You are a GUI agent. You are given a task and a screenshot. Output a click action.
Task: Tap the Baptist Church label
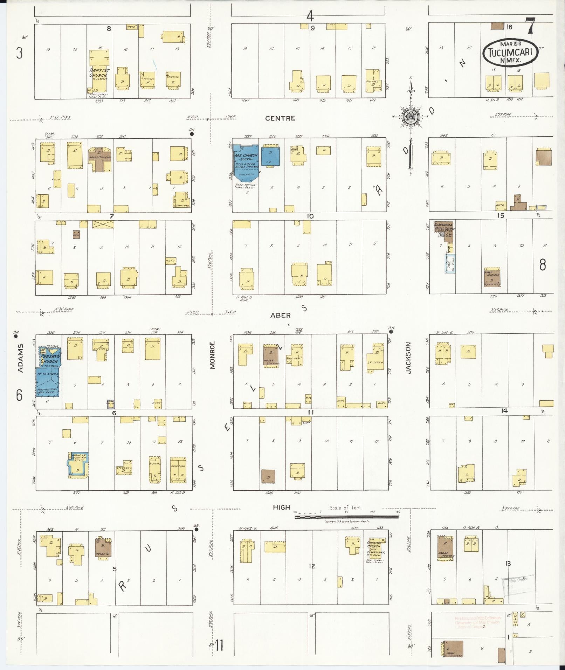click(x=99, y=73)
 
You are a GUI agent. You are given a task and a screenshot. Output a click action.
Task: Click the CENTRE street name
click(x=280, y=118)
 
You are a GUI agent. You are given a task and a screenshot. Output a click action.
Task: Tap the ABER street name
click(x=280, y=315)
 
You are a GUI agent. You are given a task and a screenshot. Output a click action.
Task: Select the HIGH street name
click(x=282, y=507)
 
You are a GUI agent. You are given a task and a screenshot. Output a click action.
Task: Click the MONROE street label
click(x=212, y=355)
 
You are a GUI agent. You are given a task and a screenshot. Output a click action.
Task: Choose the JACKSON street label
click(x=408, y=358)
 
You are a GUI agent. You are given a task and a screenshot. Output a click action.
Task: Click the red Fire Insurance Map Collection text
click(x=478, y=622)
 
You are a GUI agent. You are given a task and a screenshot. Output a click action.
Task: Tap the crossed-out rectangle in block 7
click(x=103, y=224)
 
